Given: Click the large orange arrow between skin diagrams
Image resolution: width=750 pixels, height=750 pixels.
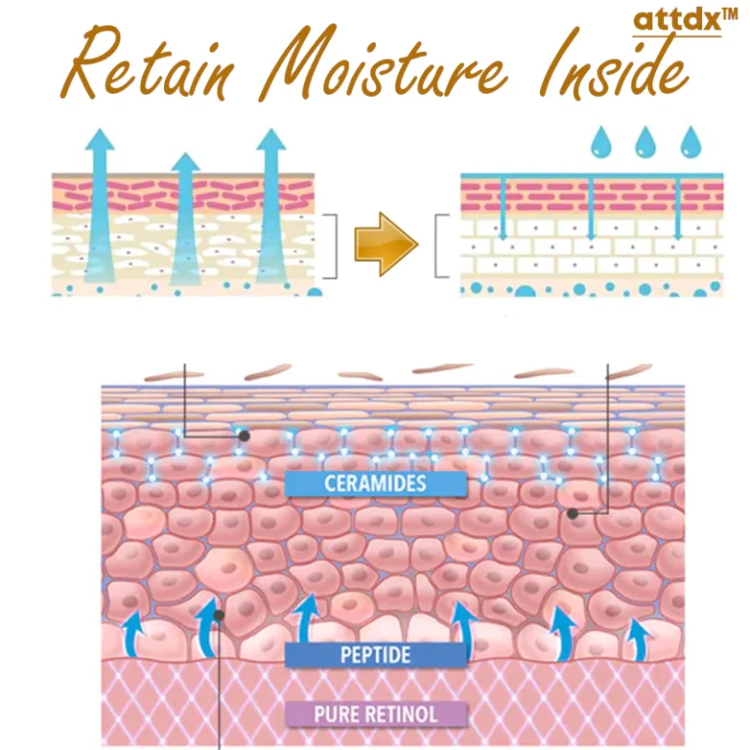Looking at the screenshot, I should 385,243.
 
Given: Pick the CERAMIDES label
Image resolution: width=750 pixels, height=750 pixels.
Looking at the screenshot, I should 375,482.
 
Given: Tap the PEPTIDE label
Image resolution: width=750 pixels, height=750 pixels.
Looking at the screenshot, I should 375,653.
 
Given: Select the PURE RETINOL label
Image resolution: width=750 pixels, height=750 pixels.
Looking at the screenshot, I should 375,714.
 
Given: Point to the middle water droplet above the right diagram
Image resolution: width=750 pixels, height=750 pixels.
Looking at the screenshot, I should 646,143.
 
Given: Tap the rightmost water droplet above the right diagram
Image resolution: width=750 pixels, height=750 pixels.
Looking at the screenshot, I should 691,143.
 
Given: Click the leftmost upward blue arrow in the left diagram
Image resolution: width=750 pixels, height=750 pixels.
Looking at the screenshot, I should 98,205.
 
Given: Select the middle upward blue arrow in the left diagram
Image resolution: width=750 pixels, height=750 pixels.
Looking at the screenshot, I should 186,220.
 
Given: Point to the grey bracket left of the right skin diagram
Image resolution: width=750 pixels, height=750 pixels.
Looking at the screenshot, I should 442,246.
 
